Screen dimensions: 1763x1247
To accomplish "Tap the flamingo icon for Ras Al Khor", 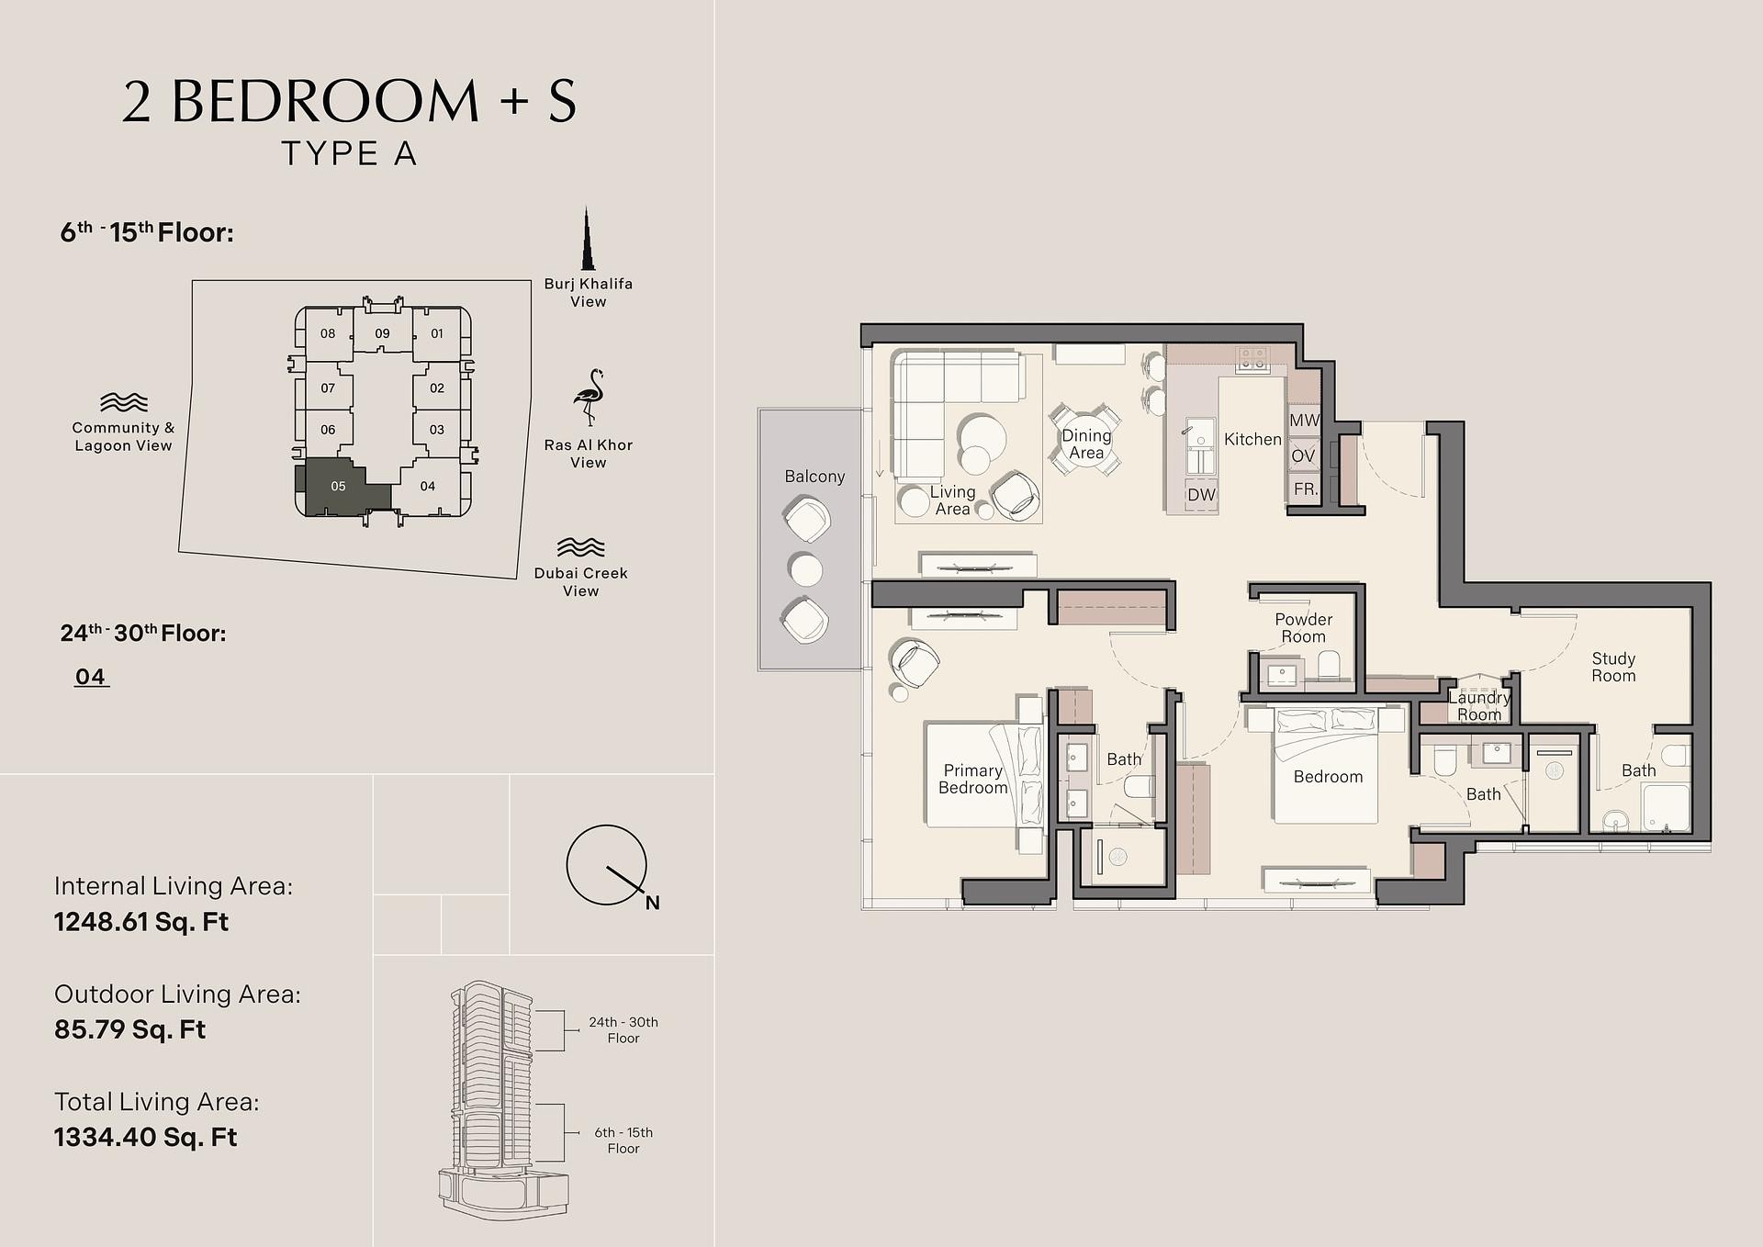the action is pos(589,399).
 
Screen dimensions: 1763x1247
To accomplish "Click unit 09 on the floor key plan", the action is pos(382,333).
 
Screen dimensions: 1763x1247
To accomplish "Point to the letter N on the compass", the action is pos(652,903).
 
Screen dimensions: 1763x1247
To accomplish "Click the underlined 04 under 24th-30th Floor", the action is pos(91,677).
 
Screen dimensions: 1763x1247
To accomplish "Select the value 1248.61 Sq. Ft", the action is pos(141,922).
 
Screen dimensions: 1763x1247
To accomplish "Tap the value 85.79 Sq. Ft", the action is pos(130,1029).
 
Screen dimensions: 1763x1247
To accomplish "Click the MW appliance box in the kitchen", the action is pos(1304,421).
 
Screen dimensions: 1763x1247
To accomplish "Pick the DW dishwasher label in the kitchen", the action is pos(1201,494).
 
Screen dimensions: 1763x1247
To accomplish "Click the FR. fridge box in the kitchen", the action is pos(1305,489).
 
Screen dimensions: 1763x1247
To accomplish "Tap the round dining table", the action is pos(1086,443).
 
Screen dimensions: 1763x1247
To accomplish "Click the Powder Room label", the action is pos(1304,628).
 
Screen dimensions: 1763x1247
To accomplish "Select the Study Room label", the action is pos(1613,668).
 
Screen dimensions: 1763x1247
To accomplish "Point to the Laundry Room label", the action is pos(1479,706).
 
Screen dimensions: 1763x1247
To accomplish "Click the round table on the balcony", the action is pos(806,570).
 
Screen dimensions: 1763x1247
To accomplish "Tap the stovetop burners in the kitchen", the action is pos(1252,359).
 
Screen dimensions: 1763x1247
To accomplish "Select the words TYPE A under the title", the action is pos(349,153).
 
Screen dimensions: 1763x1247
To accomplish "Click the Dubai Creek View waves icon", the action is pos(581,547).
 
